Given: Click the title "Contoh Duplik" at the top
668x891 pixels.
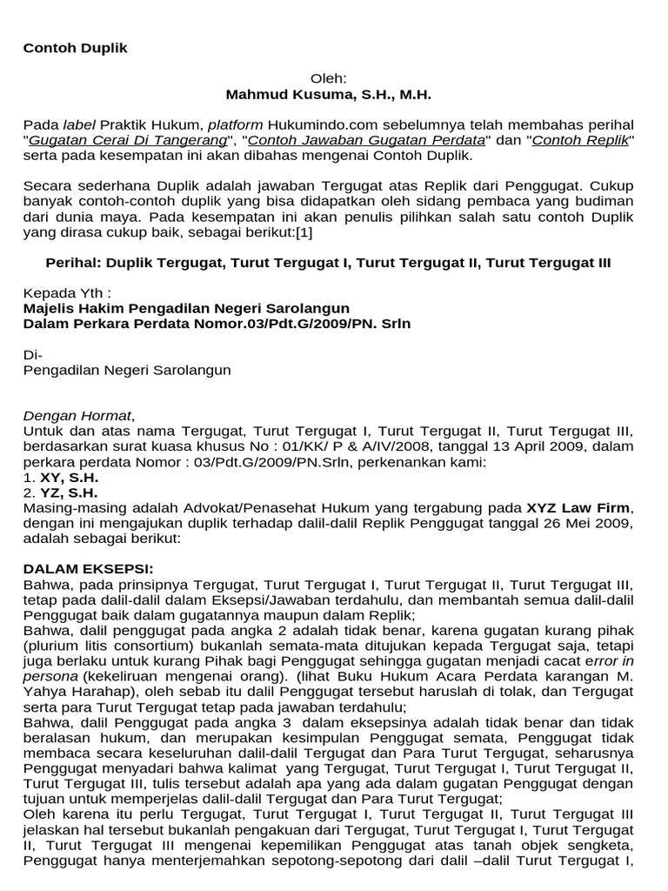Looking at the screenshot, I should [x=75, y=48].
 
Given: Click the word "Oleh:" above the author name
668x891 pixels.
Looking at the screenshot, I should [x=329, y=78].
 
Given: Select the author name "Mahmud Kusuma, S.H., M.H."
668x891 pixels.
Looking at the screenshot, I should [x=329, y=94].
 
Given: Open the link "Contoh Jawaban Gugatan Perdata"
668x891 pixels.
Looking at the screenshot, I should [x=366, y=140].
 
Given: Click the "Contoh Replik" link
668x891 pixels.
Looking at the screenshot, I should [x=581, y=140].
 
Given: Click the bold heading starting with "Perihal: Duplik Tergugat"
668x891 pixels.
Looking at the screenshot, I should [x=328, y=263].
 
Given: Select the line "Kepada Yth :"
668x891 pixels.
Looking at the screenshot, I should [x=67, y=293].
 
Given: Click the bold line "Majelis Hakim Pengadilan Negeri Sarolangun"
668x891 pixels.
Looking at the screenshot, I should [x=186, y=309].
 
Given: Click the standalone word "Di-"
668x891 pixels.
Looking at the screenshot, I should [x=31, y=354].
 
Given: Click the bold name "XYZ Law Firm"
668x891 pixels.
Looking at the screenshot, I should [x=579, y=507].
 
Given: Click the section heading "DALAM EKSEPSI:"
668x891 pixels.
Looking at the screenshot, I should [x=77, y=569].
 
